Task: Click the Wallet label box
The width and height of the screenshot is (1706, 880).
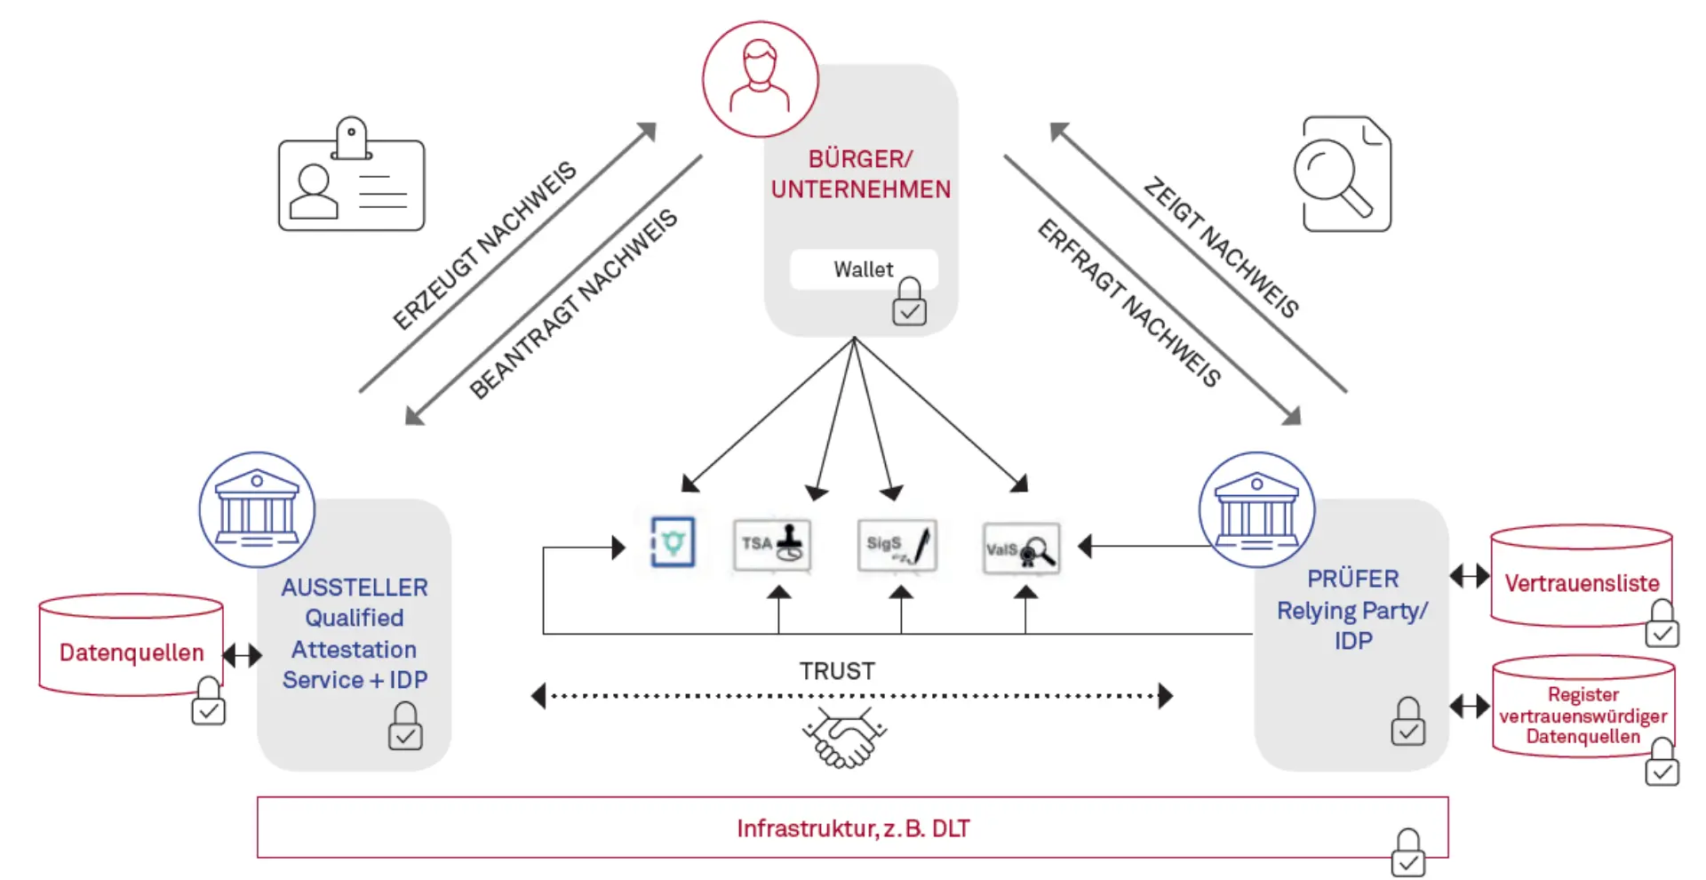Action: click(x=863, y=269)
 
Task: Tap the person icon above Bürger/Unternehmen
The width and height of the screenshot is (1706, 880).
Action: click(x=760, y=79)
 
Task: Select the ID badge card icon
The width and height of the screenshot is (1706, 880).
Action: click(x=352, y=178)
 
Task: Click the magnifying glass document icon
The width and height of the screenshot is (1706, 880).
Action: click(x=1342, y=175)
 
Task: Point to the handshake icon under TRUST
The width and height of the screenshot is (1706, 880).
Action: click(x=845, y=738)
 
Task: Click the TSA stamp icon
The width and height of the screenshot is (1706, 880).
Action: click(x=772, y=545)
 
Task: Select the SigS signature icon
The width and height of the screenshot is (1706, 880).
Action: click(x=897, y=545)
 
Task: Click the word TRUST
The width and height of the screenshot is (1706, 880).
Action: click(x=837, y=671)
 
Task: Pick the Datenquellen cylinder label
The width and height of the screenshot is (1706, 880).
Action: click(x=132, y=652)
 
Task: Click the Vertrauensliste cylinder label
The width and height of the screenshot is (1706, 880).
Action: click(x=1582, y=583)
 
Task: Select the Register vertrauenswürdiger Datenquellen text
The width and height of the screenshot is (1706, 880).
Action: click(x=1582, y=716)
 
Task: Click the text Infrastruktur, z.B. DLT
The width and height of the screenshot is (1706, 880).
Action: click(x=853, y=828)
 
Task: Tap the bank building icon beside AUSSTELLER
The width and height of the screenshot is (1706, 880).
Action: click(x=257, y=509)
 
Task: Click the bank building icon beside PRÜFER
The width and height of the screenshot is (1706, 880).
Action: click(x=1256, y=510)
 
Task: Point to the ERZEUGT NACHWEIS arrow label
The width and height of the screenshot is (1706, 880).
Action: click(x=485, y=246)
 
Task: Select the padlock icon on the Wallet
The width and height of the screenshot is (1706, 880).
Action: click(x=909, y=302)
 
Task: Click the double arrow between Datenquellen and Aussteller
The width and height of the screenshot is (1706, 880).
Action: click(x=242, y=656)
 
